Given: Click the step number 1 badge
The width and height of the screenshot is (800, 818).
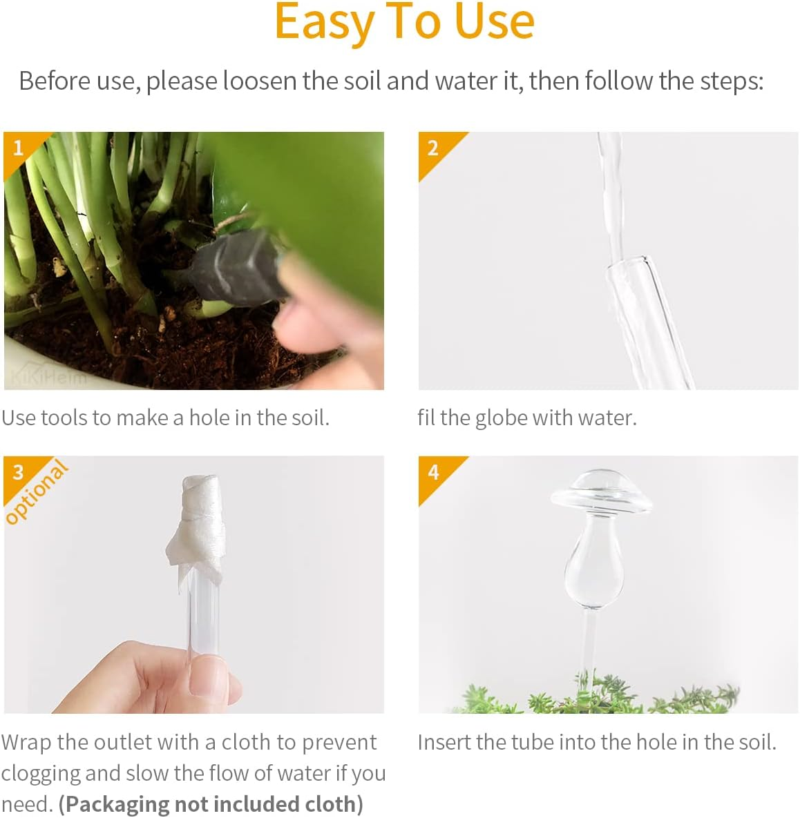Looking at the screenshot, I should pyautogui.click(x=19, y=148).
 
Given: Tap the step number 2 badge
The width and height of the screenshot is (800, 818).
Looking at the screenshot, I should pyautogui.click(x=433, y=148).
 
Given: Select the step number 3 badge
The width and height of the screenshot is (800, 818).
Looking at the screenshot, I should pyautogui.click(x=18, y=472).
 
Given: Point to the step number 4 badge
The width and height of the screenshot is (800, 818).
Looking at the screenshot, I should pyautogui.click(x=433, y=472).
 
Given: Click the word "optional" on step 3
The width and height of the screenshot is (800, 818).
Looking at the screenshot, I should pyautogui.click(x=37, y=492).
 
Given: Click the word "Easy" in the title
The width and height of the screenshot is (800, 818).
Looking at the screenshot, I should pyautogui.click(x=325, y=22).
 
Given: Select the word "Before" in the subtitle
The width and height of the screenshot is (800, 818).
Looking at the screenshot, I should pyautogui.click(x=55, y=81).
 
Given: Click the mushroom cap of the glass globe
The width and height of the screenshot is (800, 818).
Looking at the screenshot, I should pyautogui.click(x=602, y=491).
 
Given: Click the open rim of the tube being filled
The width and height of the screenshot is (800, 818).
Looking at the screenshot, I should pyautogui.click(x=629, y=263).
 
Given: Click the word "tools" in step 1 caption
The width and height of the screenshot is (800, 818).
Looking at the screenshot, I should pyautogui.click(x=65, y=418).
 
